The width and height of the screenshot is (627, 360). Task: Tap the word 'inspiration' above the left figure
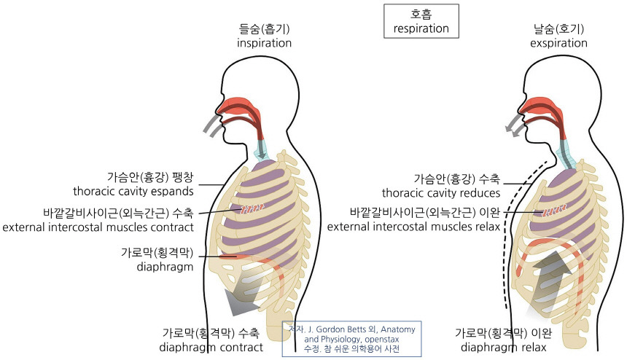pyautogui.click(x=264, y=43)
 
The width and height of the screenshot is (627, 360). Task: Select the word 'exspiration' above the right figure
pyautogui.click(x=559, y=43)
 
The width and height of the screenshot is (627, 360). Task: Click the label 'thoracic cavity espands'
pyautogui.click(x=133, y=192)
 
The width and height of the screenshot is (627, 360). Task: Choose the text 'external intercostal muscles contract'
pyautogui.click(x=98, y=227)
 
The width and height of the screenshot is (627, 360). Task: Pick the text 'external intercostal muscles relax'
pyautogui.click(x=413, y=227)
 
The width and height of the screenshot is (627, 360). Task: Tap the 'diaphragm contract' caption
pyautogui.click(x=211, y=347)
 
